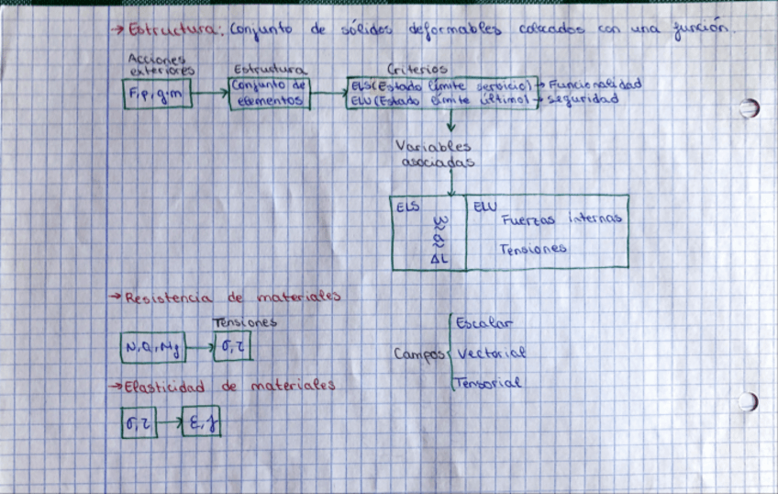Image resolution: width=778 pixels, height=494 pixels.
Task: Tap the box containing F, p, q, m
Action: (x=157, y=93)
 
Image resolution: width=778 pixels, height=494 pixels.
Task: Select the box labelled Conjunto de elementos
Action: (x=270, y=93)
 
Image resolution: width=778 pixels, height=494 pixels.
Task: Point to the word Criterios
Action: (x=417, y=69)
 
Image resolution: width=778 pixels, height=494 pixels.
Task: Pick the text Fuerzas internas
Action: (x=561, y=219)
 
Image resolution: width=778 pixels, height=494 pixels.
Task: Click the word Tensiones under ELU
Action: (x=533, y=249)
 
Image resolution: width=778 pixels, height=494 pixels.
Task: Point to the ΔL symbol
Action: (x=438, y=261)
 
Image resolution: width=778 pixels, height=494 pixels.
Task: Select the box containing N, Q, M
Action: (x=153, y=348)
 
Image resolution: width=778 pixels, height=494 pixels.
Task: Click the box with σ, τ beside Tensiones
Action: (x=231, y=348)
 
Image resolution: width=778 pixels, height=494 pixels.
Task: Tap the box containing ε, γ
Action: (x=200, y=422)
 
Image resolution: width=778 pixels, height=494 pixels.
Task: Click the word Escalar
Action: (x=485, y=324)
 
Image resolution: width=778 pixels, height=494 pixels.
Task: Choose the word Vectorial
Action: (x=491, y=353)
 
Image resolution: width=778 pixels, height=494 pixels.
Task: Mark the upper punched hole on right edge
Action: (x=749, y=108)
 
